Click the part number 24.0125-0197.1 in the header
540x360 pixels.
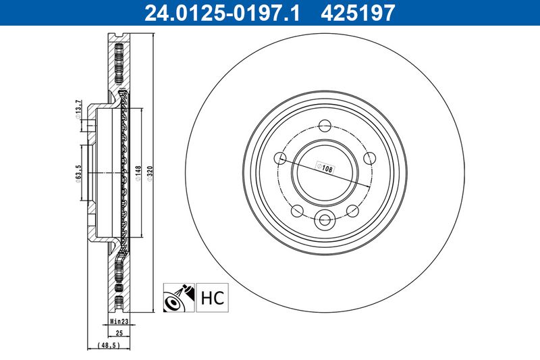[222, 13]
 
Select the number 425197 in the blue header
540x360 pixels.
[358, 13]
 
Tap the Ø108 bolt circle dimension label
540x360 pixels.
[325, 168]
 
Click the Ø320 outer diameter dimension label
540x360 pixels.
[149, 174]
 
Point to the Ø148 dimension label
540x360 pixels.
[138, 174]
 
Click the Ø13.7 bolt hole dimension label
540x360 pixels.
[78, 109]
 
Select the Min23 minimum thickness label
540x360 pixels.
[119, 322]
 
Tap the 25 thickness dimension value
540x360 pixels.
[119, 333]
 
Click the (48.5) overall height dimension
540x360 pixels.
[109, 345]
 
